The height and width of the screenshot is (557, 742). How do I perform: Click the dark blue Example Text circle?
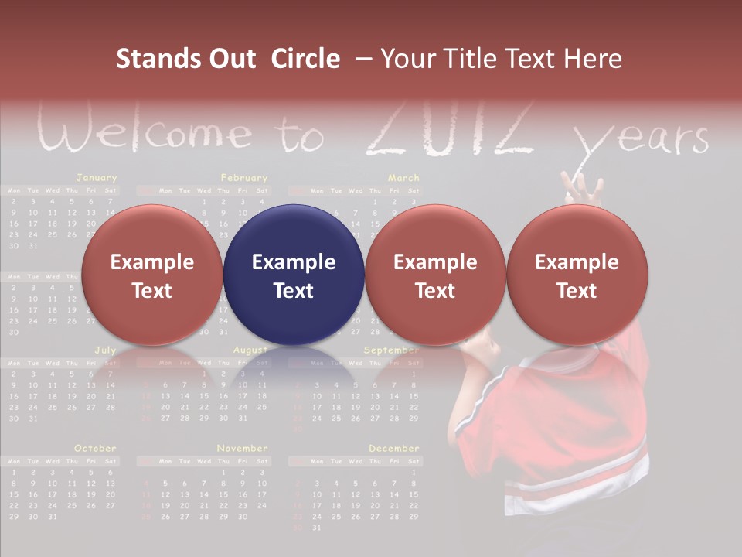294,275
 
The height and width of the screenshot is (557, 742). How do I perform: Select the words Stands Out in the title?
185,59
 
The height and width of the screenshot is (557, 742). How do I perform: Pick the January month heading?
97,178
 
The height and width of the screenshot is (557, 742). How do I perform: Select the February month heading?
243,178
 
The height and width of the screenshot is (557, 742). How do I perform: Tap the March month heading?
403,178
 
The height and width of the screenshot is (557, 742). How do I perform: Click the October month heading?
95,448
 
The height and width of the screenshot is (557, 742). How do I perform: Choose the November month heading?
242,448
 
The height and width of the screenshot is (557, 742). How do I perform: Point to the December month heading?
393,448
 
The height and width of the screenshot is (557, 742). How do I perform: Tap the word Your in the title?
408,59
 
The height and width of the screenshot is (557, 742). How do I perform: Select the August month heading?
250,350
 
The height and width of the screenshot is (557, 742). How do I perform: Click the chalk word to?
301,138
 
